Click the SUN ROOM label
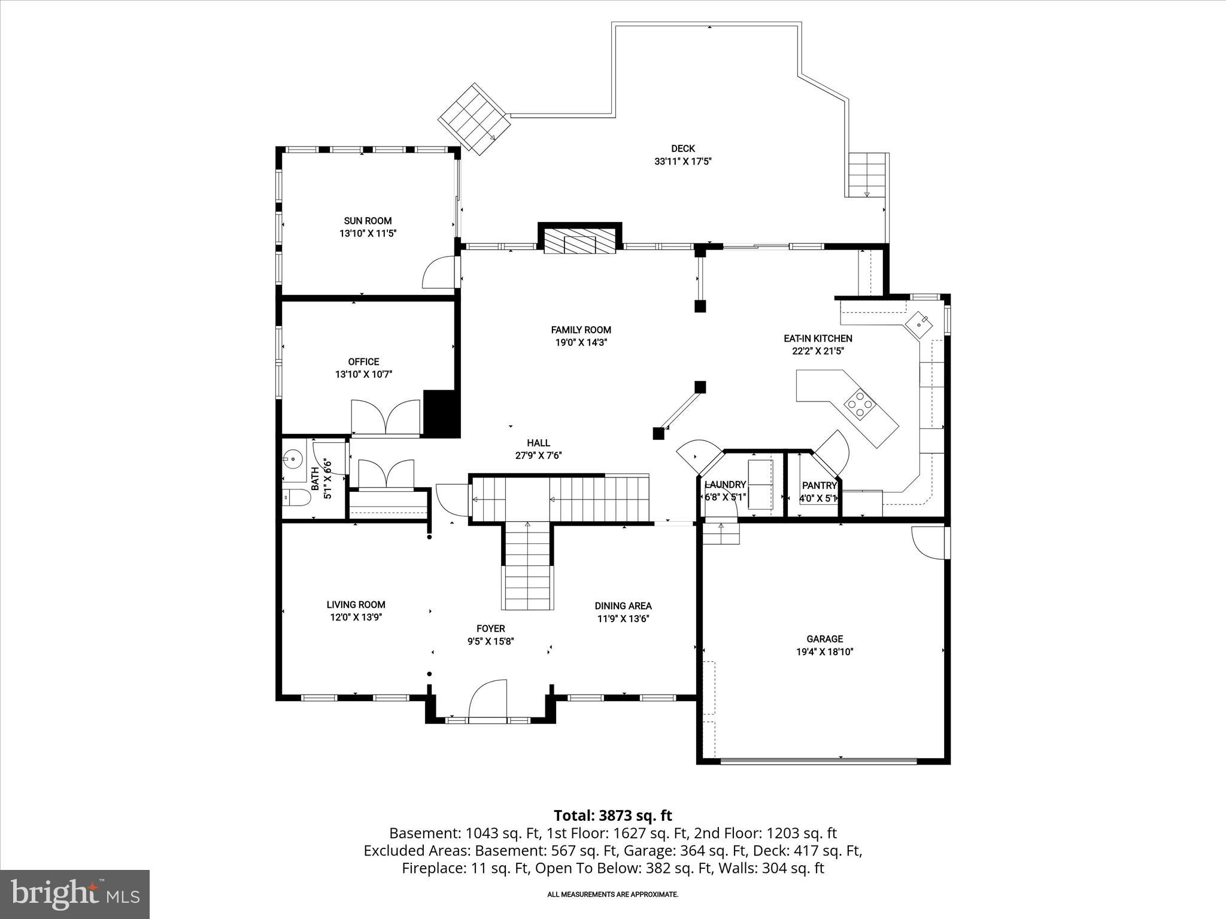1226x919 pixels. [x=368, y=221]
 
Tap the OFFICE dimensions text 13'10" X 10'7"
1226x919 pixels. [x=363, y=375]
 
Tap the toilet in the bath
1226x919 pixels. [x=295, y=498]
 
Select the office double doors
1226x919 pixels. [x=385, y=416]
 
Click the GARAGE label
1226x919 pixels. [x=824, y=639]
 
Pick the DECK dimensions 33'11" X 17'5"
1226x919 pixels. [x=682, y=162]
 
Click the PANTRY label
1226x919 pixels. [x=819, y=486]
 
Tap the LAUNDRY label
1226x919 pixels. [x=725, y=485]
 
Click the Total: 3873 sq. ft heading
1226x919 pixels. [x=612, y=815]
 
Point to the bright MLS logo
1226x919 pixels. [x=75, y=894]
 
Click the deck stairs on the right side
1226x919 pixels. [x=866, y=174]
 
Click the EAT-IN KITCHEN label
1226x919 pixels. [x=818, y=339]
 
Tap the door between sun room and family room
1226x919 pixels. [x=441, y=273]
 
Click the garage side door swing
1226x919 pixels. [x=927, y=542]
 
